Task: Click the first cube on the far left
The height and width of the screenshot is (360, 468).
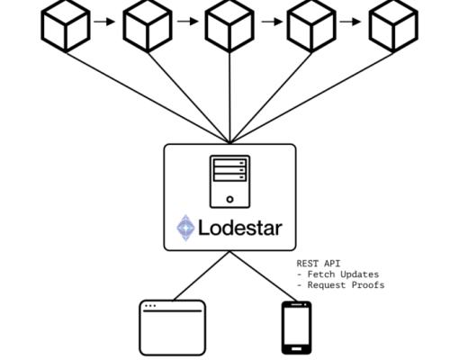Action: (x=66, y=24)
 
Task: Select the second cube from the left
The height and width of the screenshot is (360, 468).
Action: (x=148, y=24)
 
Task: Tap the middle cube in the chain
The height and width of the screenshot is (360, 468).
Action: (x=229, y=24)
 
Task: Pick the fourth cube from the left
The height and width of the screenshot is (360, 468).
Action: (x=311, y=24)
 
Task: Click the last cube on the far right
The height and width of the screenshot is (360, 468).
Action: (x=393, y=24)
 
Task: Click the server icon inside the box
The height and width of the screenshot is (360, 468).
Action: (x=229, y=181)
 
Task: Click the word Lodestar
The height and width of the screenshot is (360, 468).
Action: (x=239, y=228)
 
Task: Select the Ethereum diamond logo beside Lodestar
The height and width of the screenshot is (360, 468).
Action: (x=185, y=228)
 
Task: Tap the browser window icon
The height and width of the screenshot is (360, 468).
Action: (x=172, y=328)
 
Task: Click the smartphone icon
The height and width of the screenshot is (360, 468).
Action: (x=297, y=328)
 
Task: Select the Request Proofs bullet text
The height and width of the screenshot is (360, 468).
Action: (x=345, y=285)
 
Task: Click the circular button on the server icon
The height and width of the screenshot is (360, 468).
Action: (x=229, y=199)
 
